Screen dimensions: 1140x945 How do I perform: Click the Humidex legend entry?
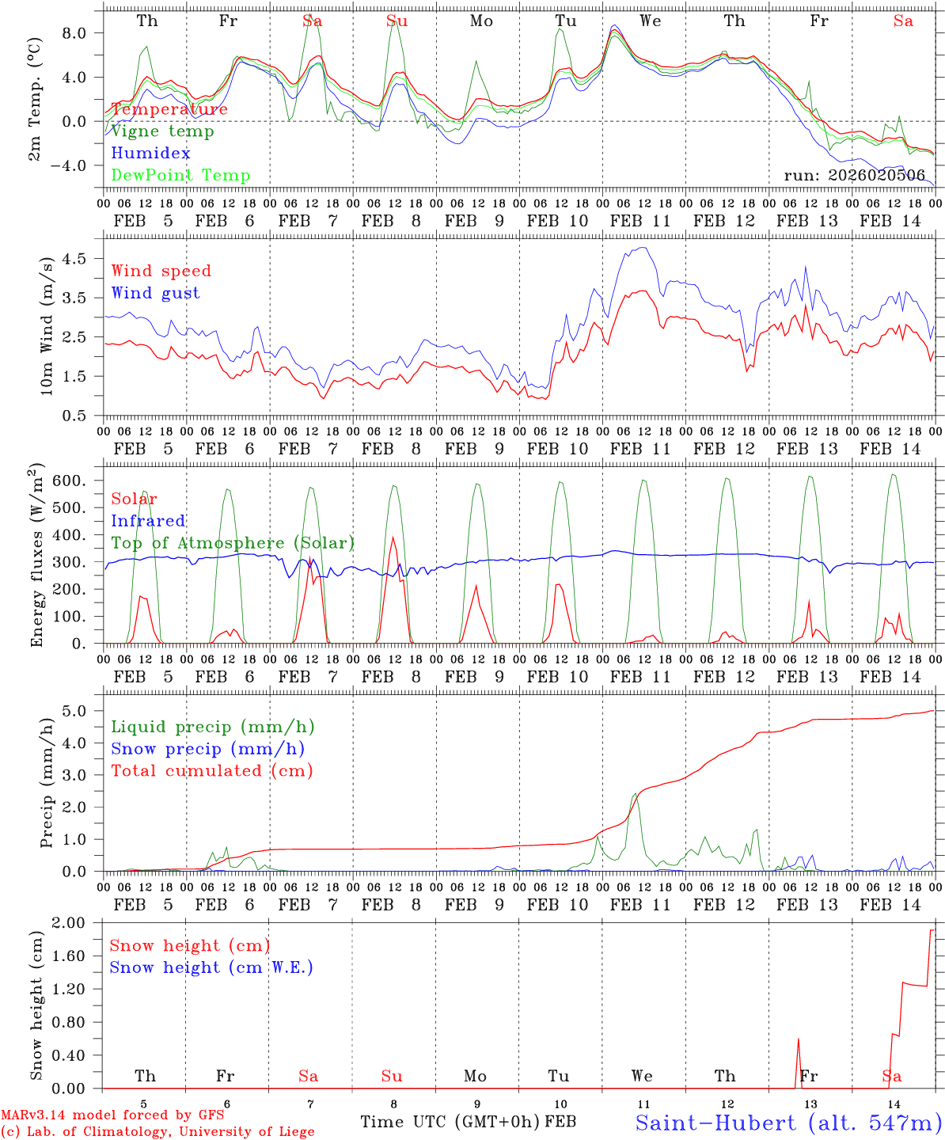coord(150,154)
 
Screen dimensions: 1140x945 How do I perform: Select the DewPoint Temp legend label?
coord(180,176)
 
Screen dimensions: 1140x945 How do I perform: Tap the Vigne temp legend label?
coord(162,131)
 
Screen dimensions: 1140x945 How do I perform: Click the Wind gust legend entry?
coord(155,293)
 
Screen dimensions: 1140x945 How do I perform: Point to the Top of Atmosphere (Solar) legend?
coord(233,543)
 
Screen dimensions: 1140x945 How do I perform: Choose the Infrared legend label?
coord(148,521)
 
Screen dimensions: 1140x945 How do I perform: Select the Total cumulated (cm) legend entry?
coord(211,770)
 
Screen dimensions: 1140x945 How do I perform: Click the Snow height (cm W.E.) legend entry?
coord(211,967)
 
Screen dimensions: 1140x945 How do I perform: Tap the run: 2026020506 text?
coord(854,175)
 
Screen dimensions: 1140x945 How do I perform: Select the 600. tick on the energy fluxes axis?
coord(75,481)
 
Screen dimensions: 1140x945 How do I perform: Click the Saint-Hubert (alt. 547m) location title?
coord(788,1123)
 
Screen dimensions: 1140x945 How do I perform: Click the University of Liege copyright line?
coord(157,1131)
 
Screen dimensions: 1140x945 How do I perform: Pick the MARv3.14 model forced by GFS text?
coord(112,1115)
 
